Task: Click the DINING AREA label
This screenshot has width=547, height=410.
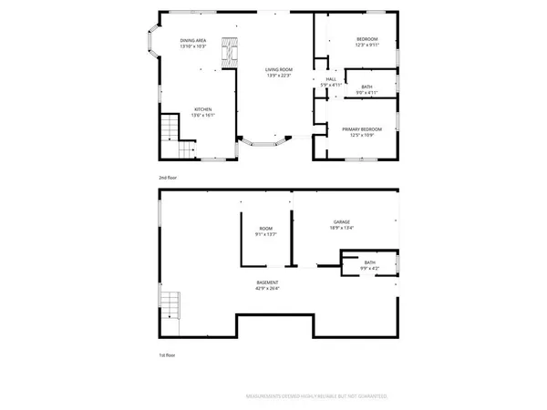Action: pos(193,41)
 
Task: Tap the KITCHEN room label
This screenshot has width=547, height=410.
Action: pos(201,110)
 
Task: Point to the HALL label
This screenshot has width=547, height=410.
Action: pos(332,80)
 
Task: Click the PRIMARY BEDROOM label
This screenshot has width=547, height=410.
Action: pos(362,129)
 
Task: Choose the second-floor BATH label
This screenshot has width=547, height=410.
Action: pos(366,87)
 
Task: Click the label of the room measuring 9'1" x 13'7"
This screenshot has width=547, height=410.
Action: pos(266,229)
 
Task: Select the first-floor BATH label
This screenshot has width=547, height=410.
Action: pos(369,263)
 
